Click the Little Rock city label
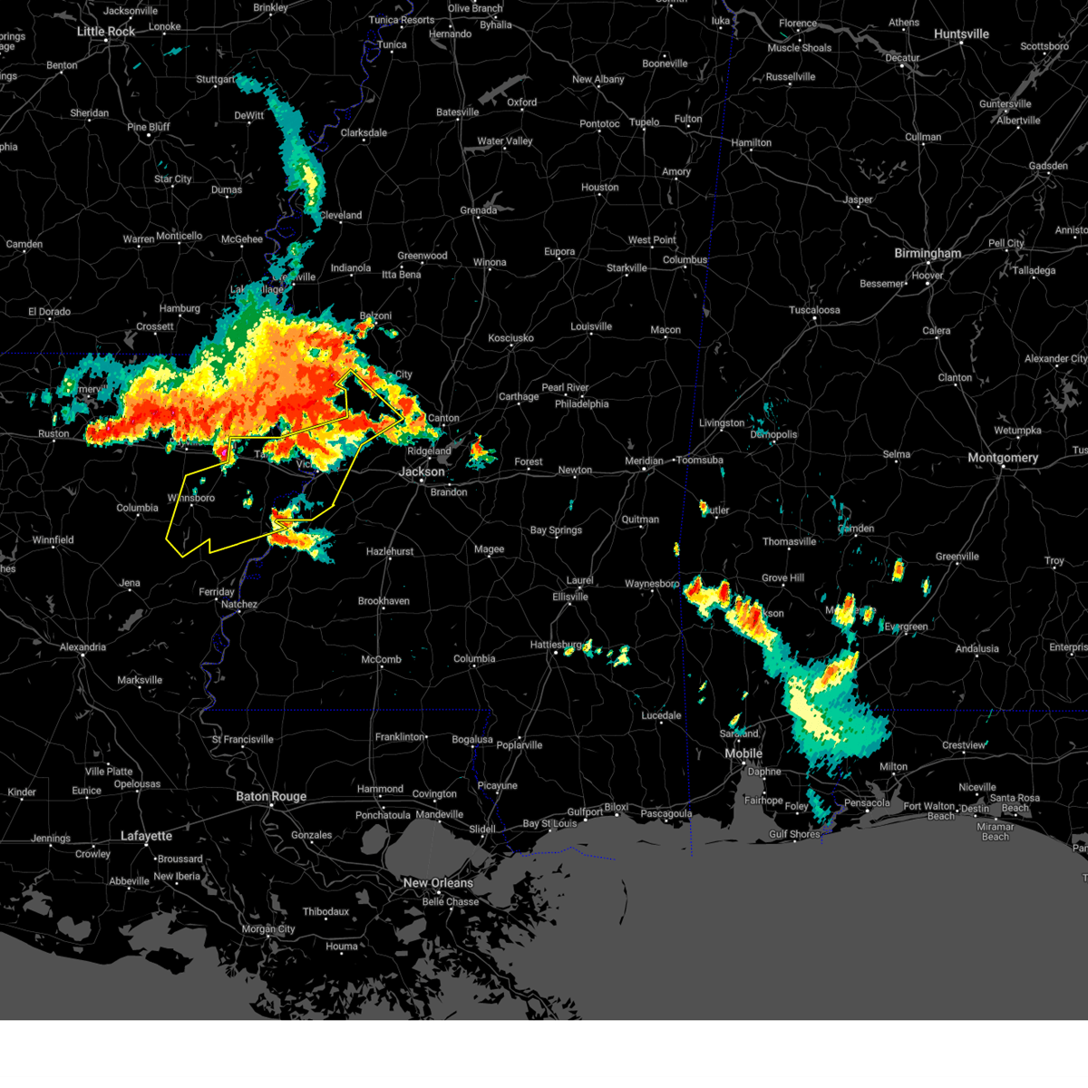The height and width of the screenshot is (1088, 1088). [x=106, y=32]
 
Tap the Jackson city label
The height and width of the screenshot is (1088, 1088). [x=423, y=471]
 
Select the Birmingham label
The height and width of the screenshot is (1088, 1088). [x=928, y=254]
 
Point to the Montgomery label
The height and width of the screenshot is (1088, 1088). [x=1003, y=458]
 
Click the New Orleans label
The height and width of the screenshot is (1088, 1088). [x=438, y=883]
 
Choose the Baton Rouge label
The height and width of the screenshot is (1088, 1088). [x=271, y=797]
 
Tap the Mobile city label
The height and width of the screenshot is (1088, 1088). [x=743, y=754]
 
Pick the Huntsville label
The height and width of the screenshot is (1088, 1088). [x=961, y=34]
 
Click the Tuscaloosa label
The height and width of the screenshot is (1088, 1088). [x=814, y=310]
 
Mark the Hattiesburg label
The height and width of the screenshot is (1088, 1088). [x=556, y=645]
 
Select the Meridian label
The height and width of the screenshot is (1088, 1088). [x=644, y=461]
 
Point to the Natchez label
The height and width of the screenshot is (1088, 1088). [x=239, y=605]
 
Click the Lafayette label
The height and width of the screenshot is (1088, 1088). [x=146, y=836]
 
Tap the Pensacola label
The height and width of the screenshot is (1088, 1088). [x=867, y=802]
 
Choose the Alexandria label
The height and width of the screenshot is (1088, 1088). [x=83, y=647]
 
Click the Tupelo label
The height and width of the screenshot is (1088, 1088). [x=645, y=122]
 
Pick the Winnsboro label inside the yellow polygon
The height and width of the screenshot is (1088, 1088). [x=191, y=498]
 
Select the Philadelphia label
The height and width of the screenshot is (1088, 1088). [x=582, y=404]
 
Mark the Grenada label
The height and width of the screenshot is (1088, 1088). [x=478, y=210]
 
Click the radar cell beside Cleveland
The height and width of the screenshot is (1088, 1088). [x=308, y=181]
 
